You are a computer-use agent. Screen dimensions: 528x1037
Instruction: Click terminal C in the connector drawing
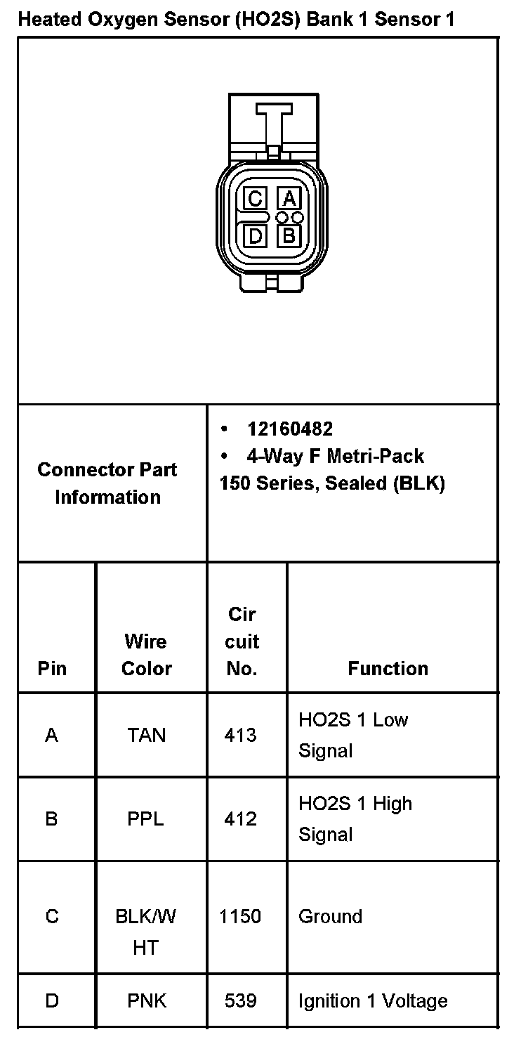(256, 200)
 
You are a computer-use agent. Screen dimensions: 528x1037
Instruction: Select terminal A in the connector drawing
(289, 200)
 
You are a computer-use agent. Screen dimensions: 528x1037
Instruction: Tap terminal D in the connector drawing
(256, 235)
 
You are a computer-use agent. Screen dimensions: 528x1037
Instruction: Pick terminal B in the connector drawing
(289, 235)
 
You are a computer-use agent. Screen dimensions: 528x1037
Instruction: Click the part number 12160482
(290, 429)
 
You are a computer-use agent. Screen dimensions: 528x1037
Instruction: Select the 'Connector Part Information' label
(107, 483)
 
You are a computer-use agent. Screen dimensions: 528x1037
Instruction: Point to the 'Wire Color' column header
(146, 654)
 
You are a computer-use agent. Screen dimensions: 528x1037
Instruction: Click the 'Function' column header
(388, 668)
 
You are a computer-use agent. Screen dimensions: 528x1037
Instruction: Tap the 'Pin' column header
(52, 668)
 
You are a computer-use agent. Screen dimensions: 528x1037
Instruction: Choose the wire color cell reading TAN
(146, 735)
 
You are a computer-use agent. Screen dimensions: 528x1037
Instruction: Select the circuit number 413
(241, 735)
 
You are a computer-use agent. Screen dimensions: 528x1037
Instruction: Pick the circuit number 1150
(240, 917)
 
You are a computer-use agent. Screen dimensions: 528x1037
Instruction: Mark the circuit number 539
(241, 1000)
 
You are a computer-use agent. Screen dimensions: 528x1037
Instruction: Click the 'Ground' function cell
(330, 917)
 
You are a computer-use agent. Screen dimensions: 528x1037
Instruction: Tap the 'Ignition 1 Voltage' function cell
(373, 1000)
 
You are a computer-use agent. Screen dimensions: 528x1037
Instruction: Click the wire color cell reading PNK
(147, 1000)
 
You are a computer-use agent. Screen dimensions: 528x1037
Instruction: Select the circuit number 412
(241, 819)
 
